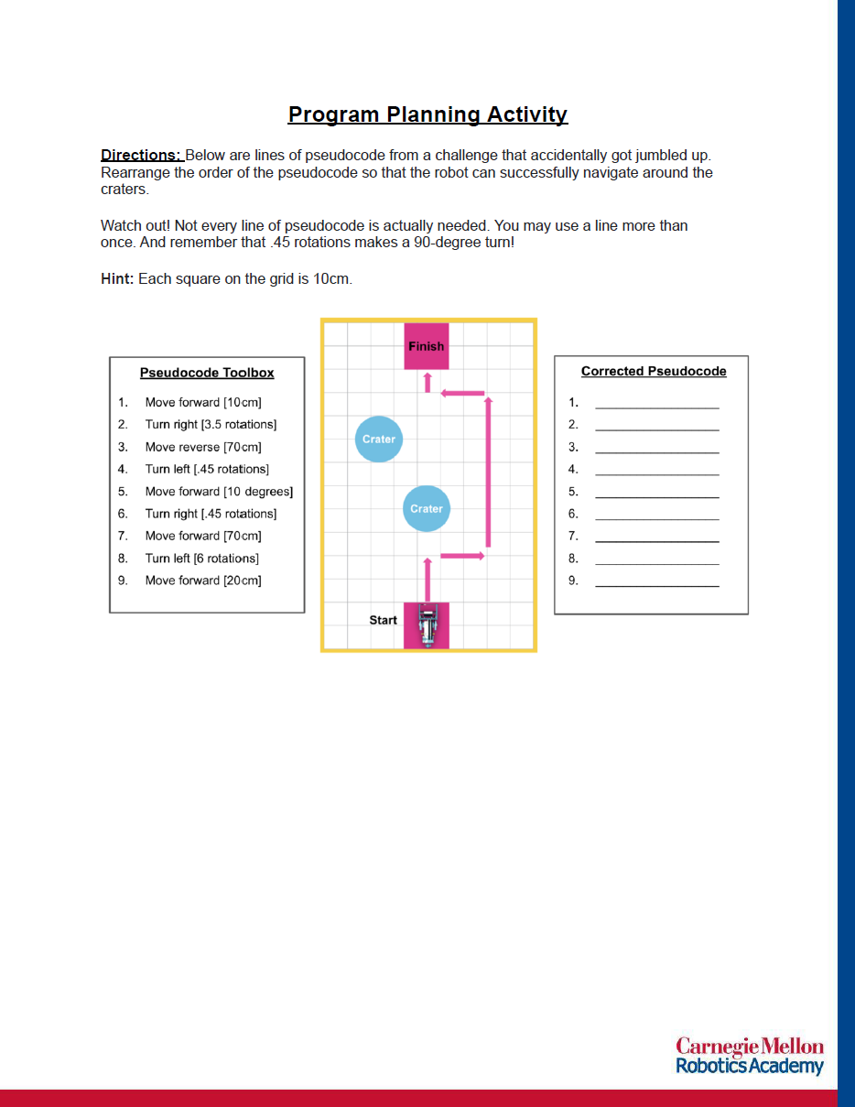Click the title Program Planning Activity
427,114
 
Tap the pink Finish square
427,346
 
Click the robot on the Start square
427,626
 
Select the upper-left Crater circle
378,439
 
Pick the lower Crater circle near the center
427,508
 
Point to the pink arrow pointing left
462,394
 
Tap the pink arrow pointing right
462,556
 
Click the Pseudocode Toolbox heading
207,373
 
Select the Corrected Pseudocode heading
654,371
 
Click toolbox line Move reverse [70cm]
203,447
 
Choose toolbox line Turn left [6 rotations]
201,558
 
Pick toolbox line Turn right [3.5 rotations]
211,424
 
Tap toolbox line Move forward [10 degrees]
219,492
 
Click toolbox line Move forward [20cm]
203,581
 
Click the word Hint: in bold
117,278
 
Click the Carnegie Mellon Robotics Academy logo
750,1056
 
